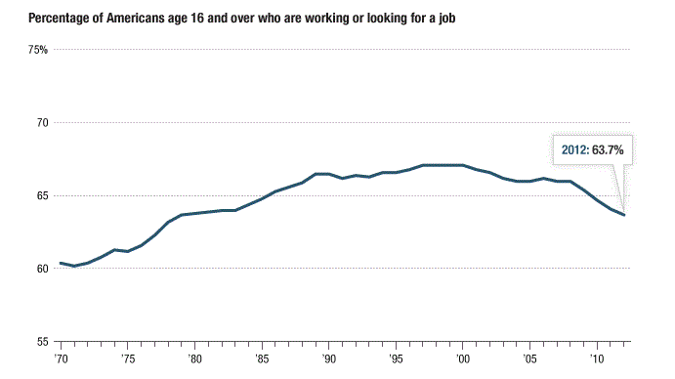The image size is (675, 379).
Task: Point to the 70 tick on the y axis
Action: [x=41, y=123]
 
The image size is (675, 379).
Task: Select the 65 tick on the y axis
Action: [x=41, y=195]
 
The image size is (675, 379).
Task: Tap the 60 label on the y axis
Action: [x=41, y=269]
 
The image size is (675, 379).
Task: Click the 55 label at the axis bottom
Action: [x=41, y=342]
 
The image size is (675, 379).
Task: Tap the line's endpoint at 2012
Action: [x=624, y=215]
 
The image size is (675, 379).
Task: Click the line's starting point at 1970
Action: [x=61, y=263]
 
